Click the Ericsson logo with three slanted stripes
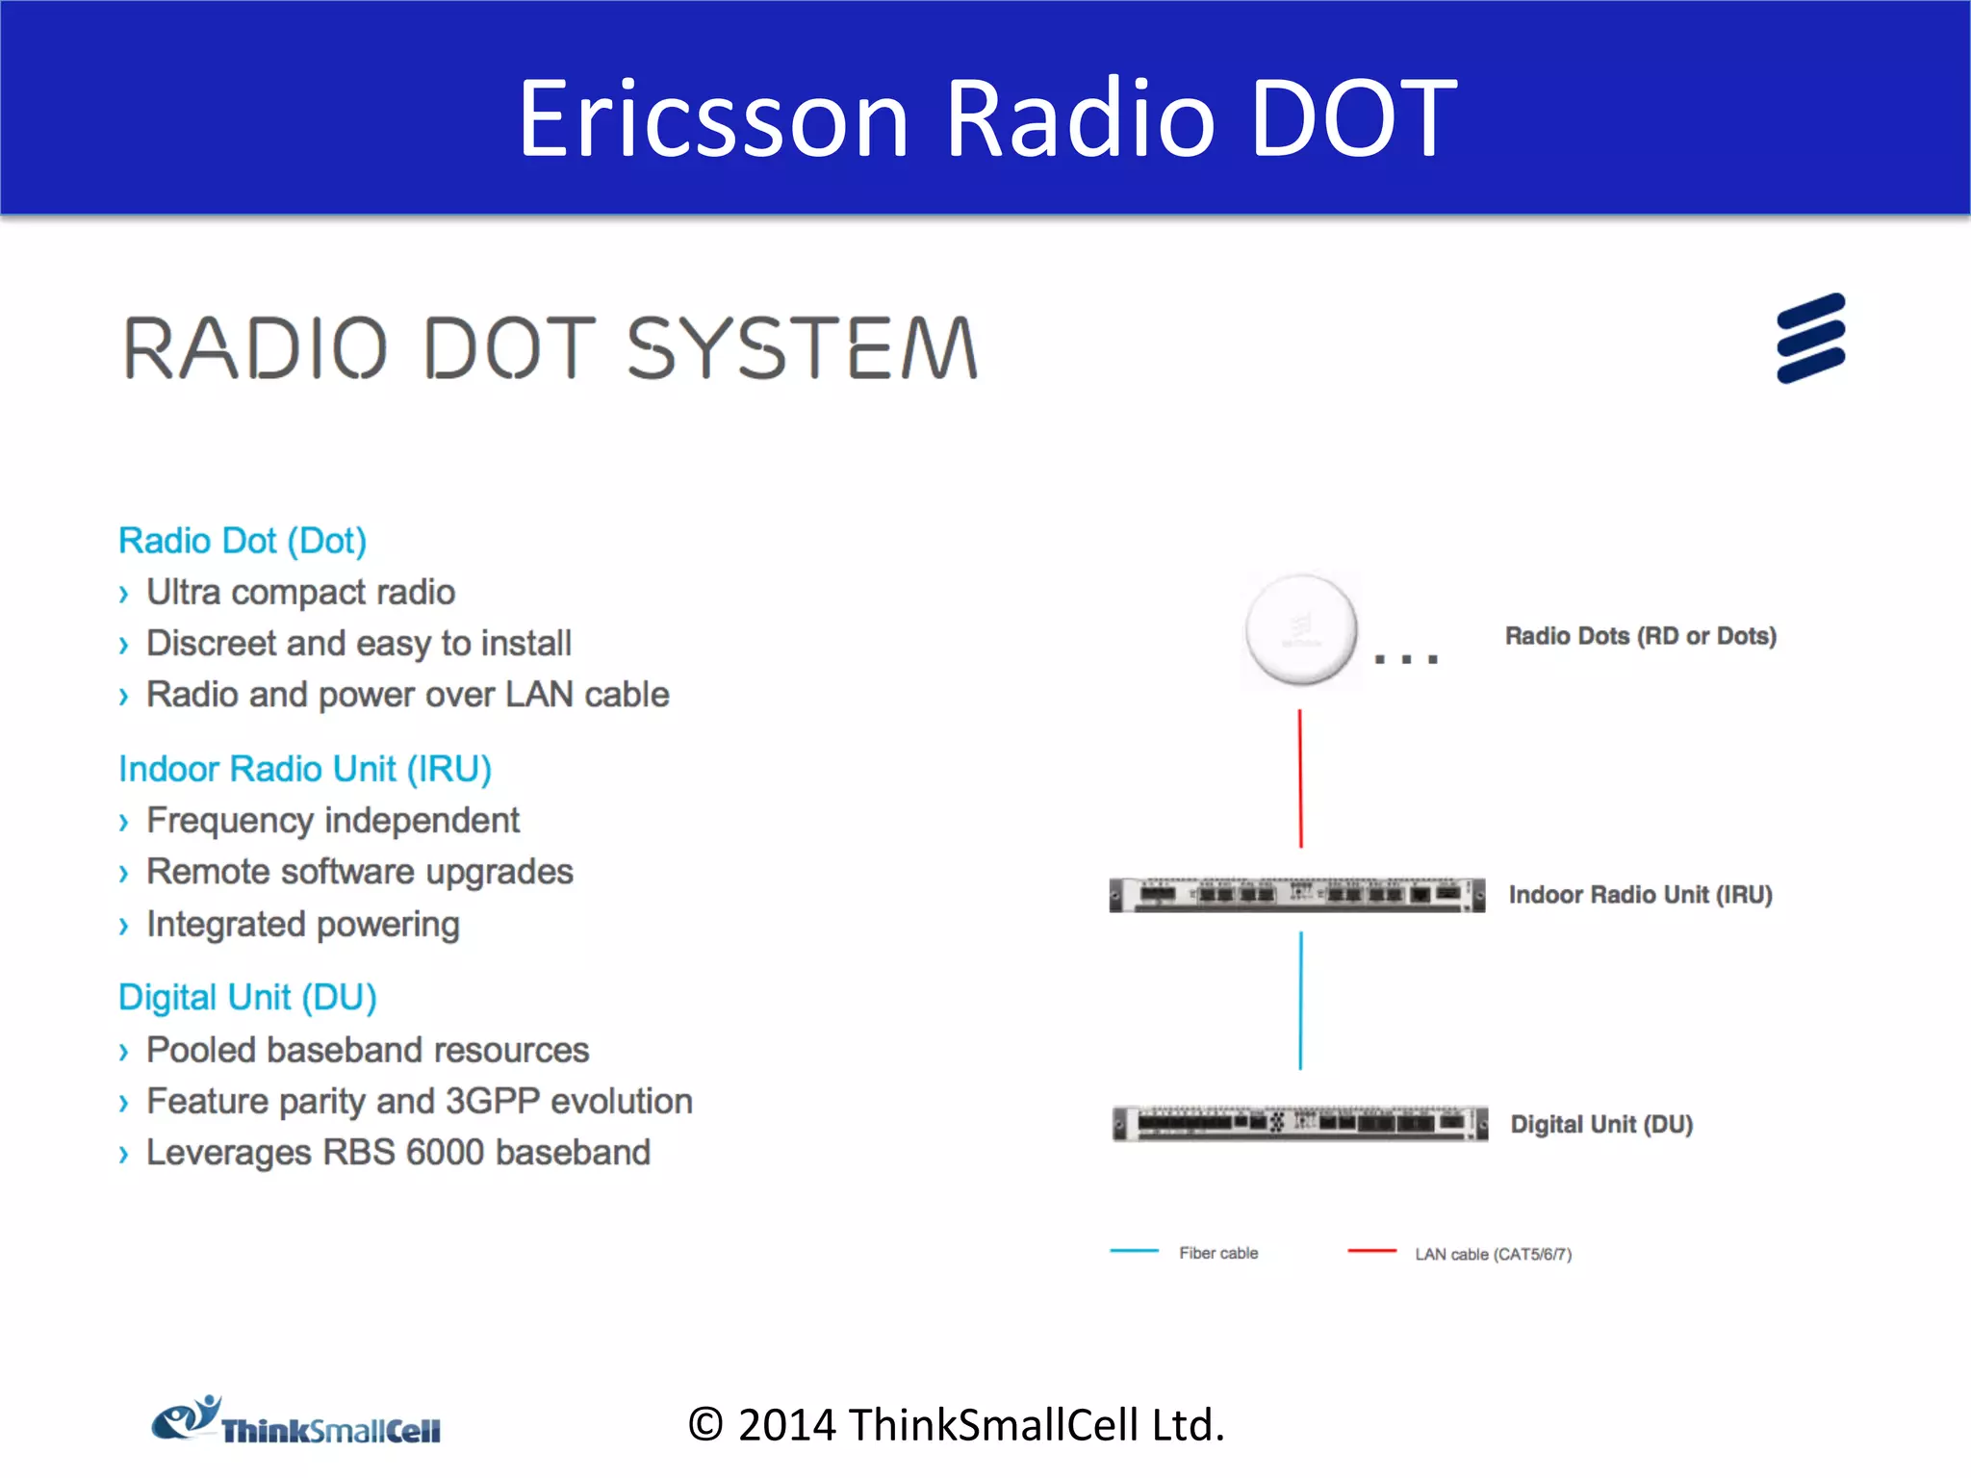pyautogui.click(x=1810, y=338)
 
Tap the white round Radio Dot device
pyautogui.click(x=1301, y=630)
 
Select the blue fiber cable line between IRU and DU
pyautogui.click(x=1300, y=1001)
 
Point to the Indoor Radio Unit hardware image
pyautogui.click(x=1296, y=895)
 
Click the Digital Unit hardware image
pyautogui.click(x=1299, y=1123)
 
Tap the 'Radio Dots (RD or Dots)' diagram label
pyautogui.click(x=1640, y=636)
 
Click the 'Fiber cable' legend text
pyautogui.click(x=1218, y=1253)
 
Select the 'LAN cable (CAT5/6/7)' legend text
pyautogui.click(x=1493, y=1254)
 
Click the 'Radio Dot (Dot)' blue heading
pyautogui.click(x=242, y=541)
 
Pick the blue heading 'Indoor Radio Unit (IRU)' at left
pyautogui.click(x=304, y=769)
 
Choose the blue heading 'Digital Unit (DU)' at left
pyautogui.click(x=247, y=997)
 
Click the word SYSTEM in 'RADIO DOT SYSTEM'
pyautogui.click(x=802, y=348)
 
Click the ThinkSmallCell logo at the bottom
pyautogui.click(x=296, y=1422)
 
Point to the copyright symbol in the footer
pyautogui.click(x=705, y=1425)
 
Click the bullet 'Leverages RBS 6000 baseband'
pyautogui.click(x=397, y=1152)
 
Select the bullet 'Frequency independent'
pyautogui.click(x=332, y=820)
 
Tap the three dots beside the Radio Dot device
pyautogui.click(x=1406, y=659)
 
